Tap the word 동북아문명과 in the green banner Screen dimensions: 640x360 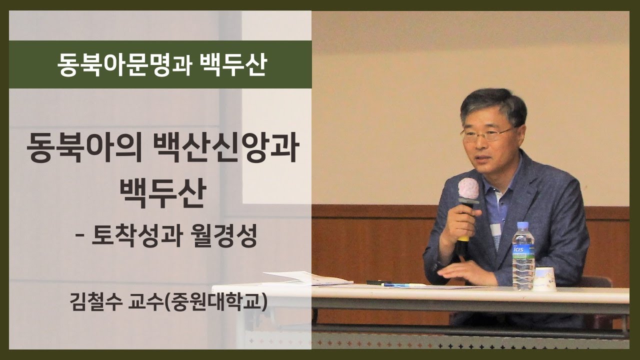tap(124, 65)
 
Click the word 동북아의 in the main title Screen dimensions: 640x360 tap(84, 148)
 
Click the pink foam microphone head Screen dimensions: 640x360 tap(468, 188)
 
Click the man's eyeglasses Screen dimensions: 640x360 tap(486, 134)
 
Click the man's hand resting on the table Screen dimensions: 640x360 tap(468, 273)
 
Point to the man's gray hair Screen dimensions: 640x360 tap(493, 105)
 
